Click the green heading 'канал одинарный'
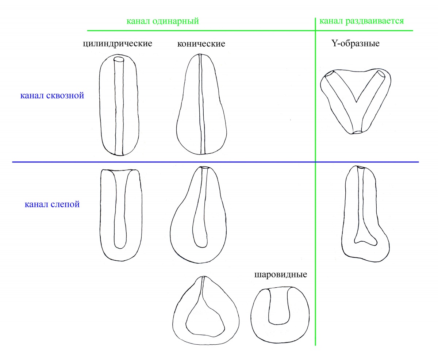[x=162, y=21]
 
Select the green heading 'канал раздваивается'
[x=361, y=20]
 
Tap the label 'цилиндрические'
[x=117, y=44]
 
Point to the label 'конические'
[x=201, y=44]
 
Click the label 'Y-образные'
[x=355, y=43]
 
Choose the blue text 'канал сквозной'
[x=52, y=96]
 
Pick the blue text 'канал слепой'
[x=52, y=204]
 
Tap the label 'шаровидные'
[x=280, y=275]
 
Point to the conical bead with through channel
[x=202, y=106]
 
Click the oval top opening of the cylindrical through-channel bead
[x=119, y=60]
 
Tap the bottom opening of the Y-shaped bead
[x=357, y=132]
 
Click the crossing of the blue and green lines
[x=315, y=162]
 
